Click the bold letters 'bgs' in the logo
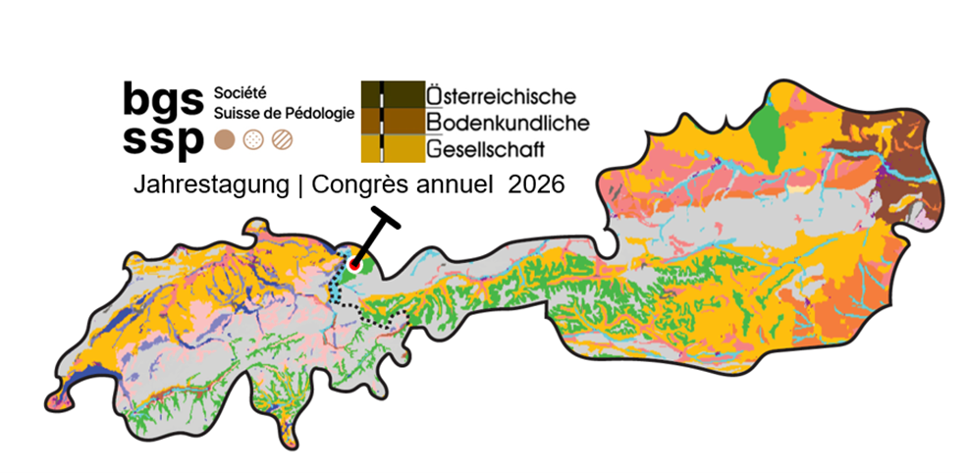point(163,97)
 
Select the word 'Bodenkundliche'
point(507,123)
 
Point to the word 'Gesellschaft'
point(485,149)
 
